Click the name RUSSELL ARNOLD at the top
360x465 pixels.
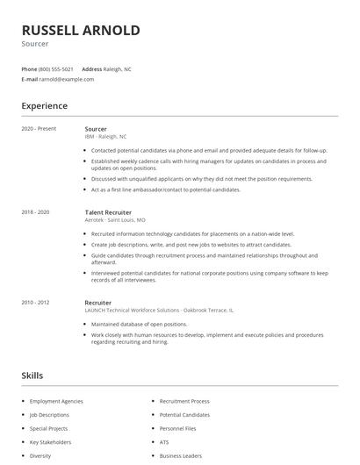click(80, 31)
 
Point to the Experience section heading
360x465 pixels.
click(44, 106)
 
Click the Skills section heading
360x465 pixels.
click(32, 376)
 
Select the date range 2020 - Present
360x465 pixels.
click(39, 129)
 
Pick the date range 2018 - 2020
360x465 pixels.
click(35, 212)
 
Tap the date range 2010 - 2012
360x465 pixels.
click(35, 303)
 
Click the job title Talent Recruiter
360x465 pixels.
click(109, 212)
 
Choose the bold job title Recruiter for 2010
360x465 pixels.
click(98, 303)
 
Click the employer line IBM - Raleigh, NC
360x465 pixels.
click(105, 137)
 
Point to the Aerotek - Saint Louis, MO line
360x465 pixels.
click(115, 220)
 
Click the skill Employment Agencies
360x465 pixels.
click(57, 401)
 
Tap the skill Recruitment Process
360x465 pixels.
click(185, 401)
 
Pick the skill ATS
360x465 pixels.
click(164, 442)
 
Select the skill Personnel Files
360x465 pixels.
click(178, 428)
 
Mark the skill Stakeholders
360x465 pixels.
click(51, 442)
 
